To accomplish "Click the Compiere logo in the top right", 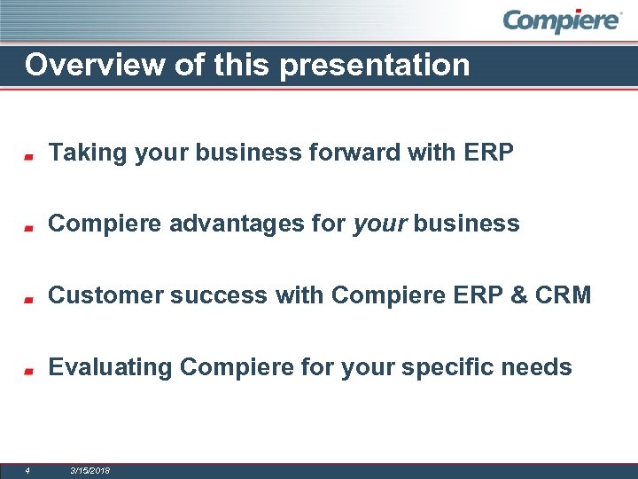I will coord(562,20).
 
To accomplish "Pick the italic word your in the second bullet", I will coord(379,224).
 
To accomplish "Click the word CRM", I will coord(563,295).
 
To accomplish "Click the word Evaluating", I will coord(110,367).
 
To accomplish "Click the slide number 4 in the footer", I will coord(27,470).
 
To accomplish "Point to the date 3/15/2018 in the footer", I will coord(89,470).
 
